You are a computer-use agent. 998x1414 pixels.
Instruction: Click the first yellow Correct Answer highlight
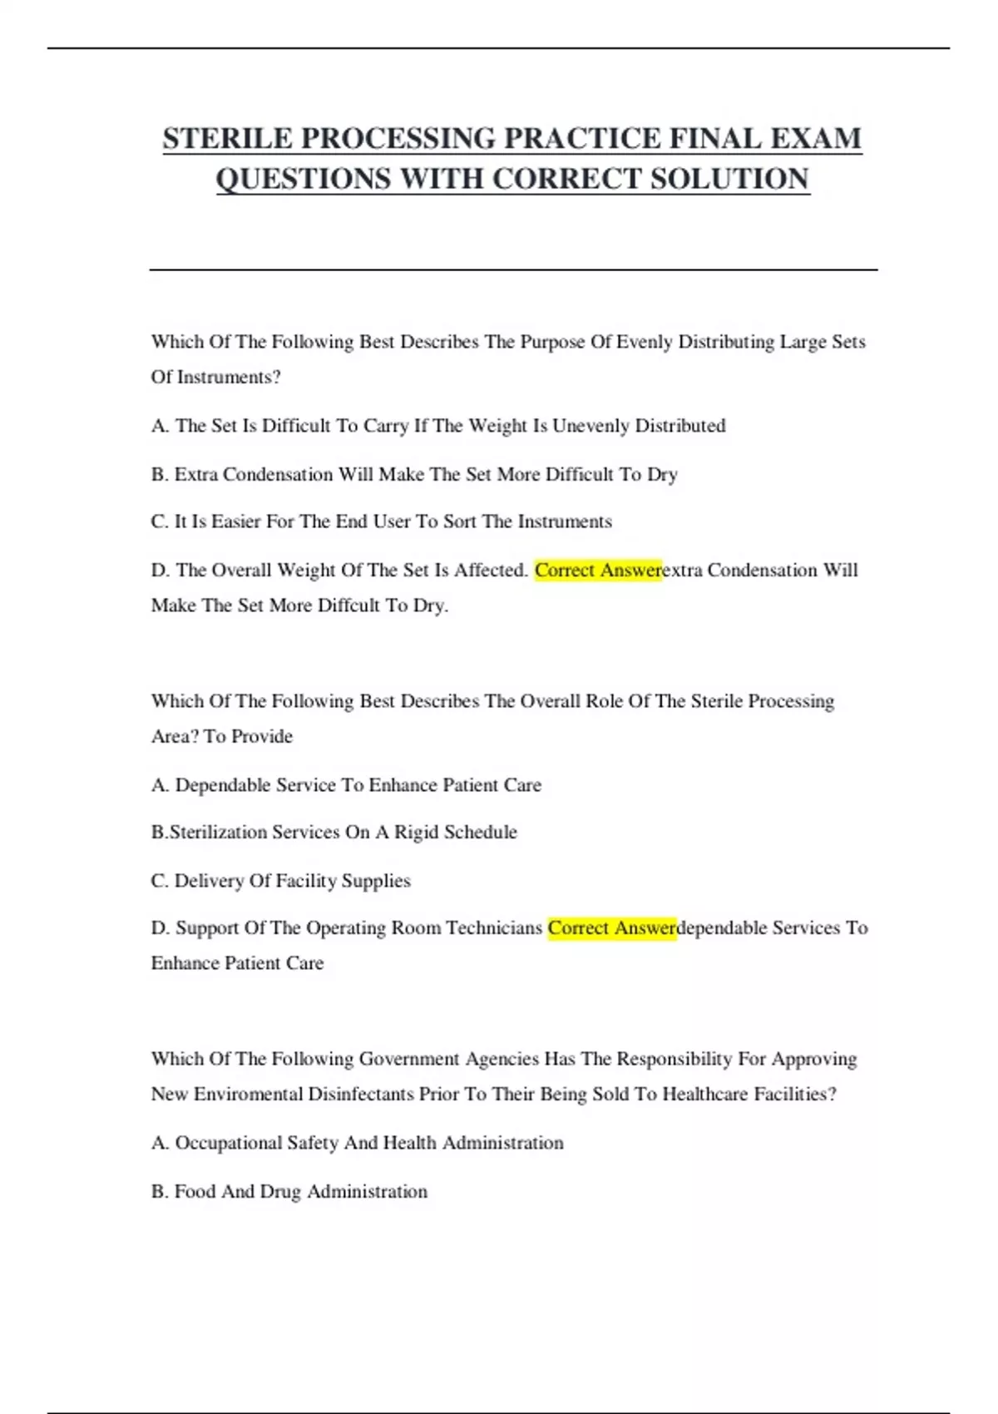click(x=598, y=571)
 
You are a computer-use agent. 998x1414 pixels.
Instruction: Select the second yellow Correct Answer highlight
click(x=612, y=928)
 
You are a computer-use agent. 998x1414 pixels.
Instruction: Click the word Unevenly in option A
click(x=590, y=426)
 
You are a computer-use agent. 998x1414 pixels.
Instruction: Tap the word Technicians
click(x=494, y=928)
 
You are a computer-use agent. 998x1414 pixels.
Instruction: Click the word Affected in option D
click(x=491, y=571)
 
